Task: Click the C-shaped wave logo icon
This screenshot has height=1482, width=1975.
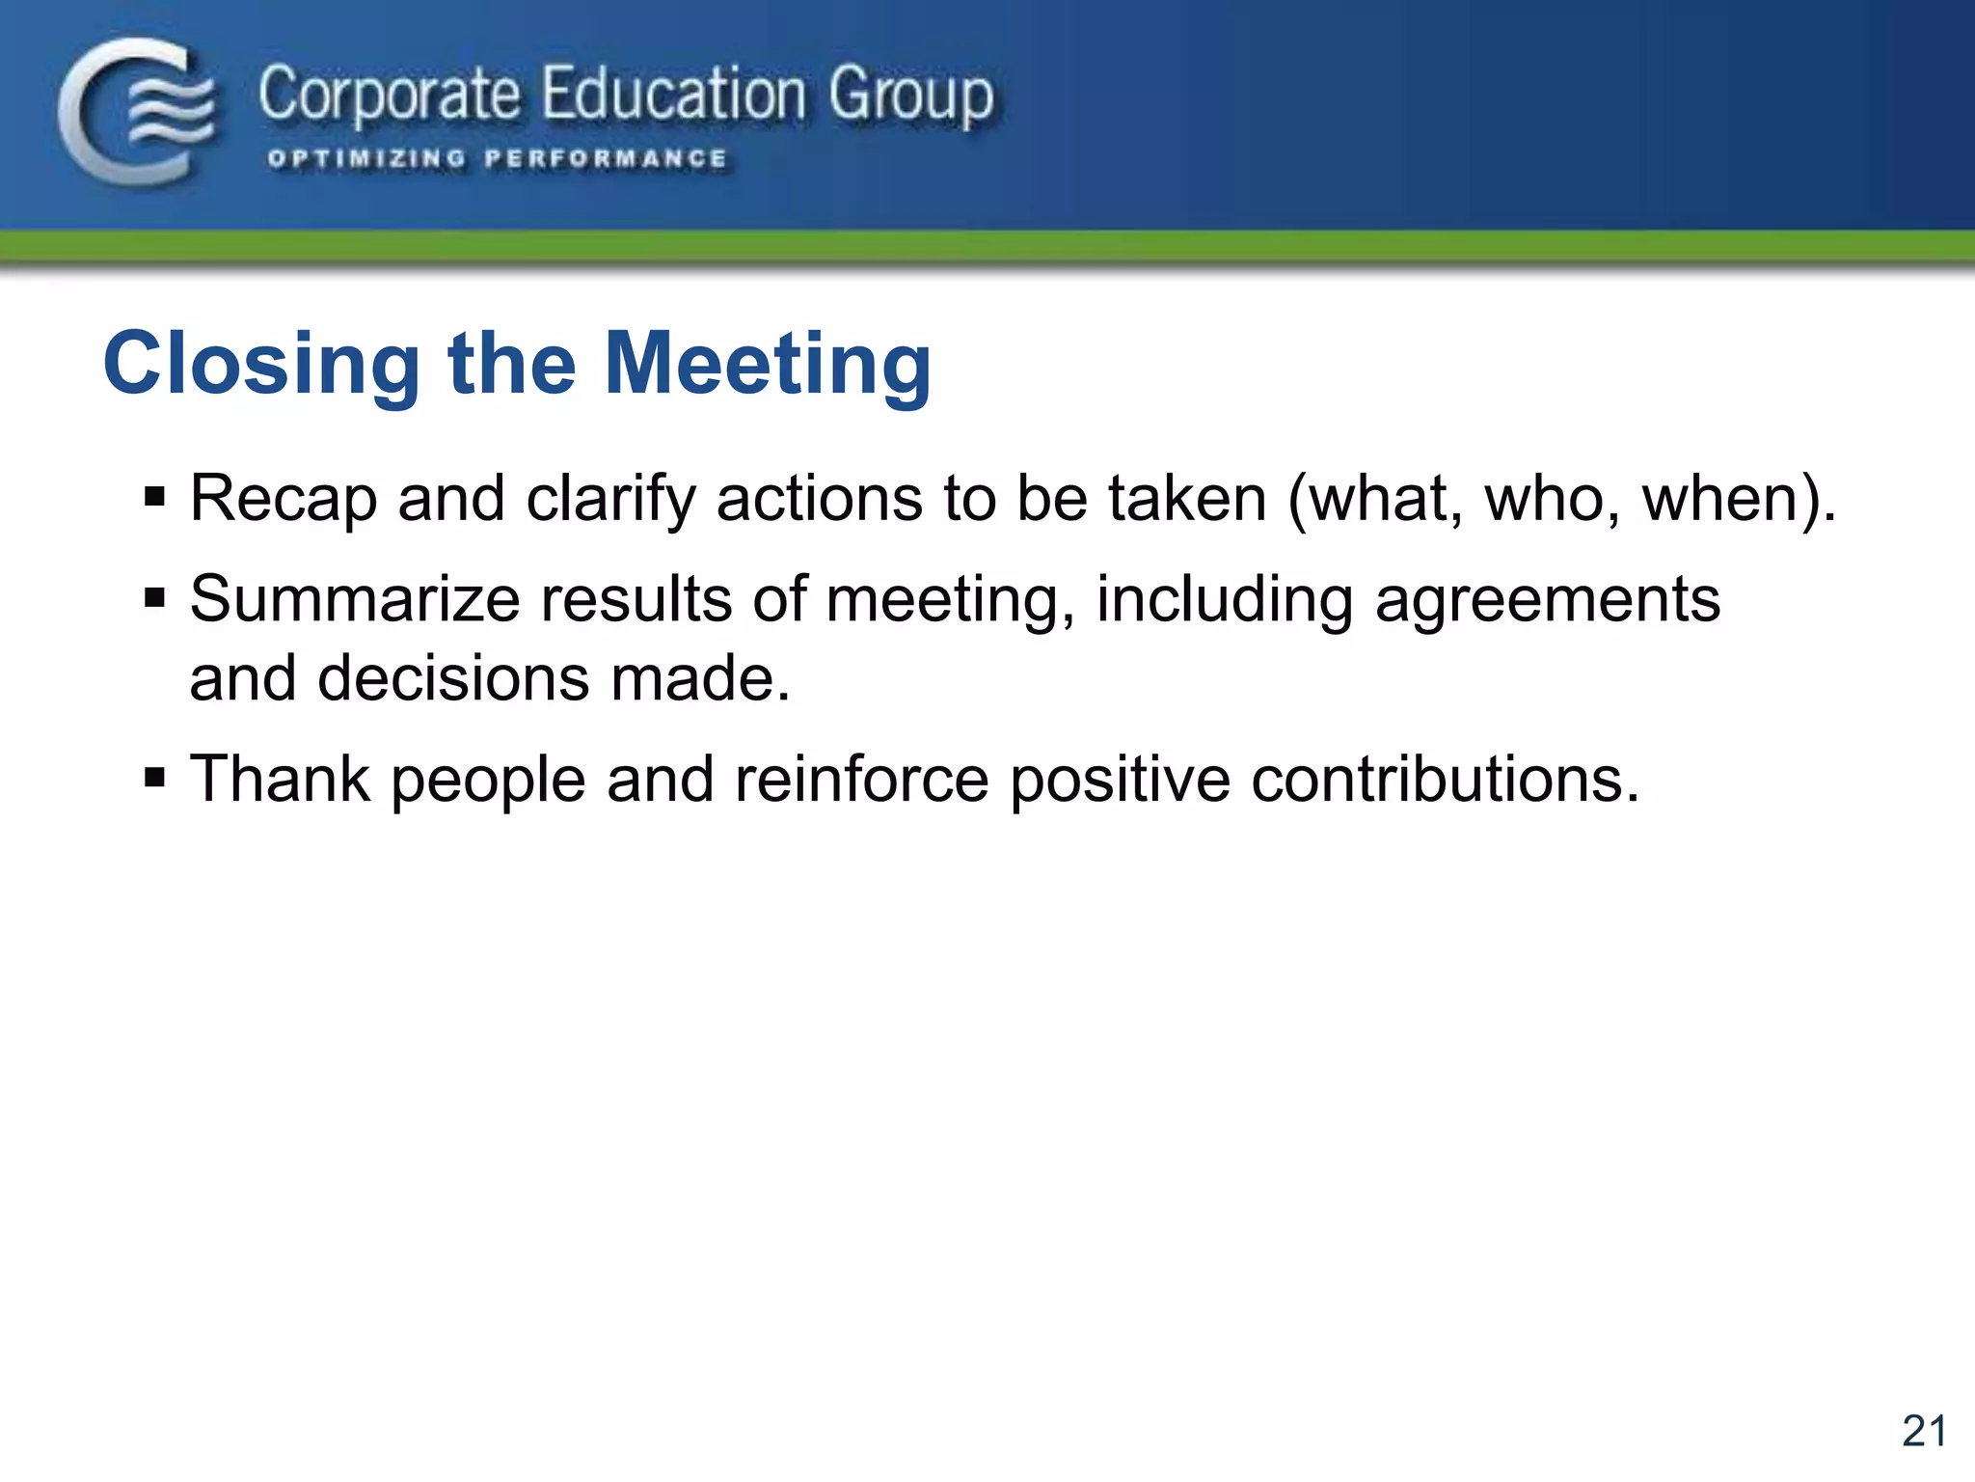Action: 137,111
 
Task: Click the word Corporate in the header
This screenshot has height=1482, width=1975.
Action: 389,96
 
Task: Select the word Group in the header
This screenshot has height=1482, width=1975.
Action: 910,96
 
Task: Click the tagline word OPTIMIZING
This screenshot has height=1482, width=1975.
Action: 366,159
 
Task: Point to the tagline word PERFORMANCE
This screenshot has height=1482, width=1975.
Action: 606,159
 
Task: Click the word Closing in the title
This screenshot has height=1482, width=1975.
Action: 261,364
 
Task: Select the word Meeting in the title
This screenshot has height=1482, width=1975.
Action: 768,364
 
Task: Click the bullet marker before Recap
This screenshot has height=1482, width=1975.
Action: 154,499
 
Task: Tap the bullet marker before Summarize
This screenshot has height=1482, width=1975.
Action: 154,599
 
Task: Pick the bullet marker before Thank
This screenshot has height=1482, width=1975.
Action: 154,779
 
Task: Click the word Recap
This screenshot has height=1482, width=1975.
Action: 283,499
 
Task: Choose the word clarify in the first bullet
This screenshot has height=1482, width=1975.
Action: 609,499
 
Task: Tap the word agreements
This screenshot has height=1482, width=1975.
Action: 1547,601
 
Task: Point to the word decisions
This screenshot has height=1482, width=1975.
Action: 452,678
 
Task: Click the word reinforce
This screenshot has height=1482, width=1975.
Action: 861,779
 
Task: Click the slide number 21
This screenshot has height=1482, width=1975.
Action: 1924,1431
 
